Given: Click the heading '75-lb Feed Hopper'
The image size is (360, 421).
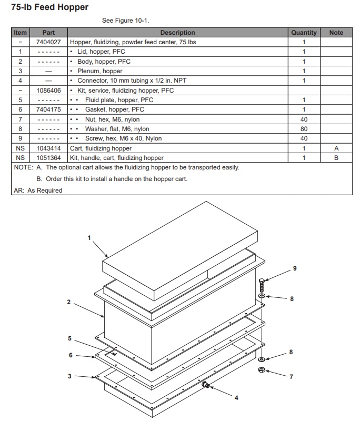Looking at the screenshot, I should (x=50, y=7).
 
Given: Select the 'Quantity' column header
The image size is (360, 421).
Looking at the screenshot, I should (x=304, y=33).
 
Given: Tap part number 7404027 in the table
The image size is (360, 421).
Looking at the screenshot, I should (x=48, y=42).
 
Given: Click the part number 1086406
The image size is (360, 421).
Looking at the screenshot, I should (x=48, y=91).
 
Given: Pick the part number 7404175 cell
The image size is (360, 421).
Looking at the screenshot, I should (x=48, y=109).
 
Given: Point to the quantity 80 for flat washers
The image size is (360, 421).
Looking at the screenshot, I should (x=304, y=129).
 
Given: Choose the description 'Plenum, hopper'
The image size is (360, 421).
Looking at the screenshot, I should (x=99, y=71).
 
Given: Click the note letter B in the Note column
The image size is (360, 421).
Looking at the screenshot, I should (x=336, y=158).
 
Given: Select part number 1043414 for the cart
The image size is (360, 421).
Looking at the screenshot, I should (x=48, y=148).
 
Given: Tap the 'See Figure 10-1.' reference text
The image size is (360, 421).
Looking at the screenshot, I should (x=125, y=21).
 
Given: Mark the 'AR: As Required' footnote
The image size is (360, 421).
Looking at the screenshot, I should (x=37, y=191).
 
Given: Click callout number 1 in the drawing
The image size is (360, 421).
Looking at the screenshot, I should (x=89, y=238).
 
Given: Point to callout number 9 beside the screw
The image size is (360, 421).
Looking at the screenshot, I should (x=295, y=268).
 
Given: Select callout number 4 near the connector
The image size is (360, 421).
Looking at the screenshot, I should (x=236, y=398).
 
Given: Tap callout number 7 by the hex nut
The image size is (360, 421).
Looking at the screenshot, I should (x=291, y=377).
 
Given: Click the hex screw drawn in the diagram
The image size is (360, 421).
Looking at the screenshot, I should (x=262, y=285).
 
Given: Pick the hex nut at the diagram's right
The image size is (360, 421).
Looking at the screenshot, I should (x=261, y=370).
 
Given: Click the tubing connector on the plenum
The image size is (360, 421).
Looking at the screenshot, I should (x=206, y=386).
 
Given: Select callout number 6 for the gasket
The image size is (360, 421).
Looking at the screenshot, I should (x=71, y=355).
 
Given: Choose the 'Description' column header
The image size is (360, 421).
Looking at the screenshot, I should (x=177, y=33).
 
